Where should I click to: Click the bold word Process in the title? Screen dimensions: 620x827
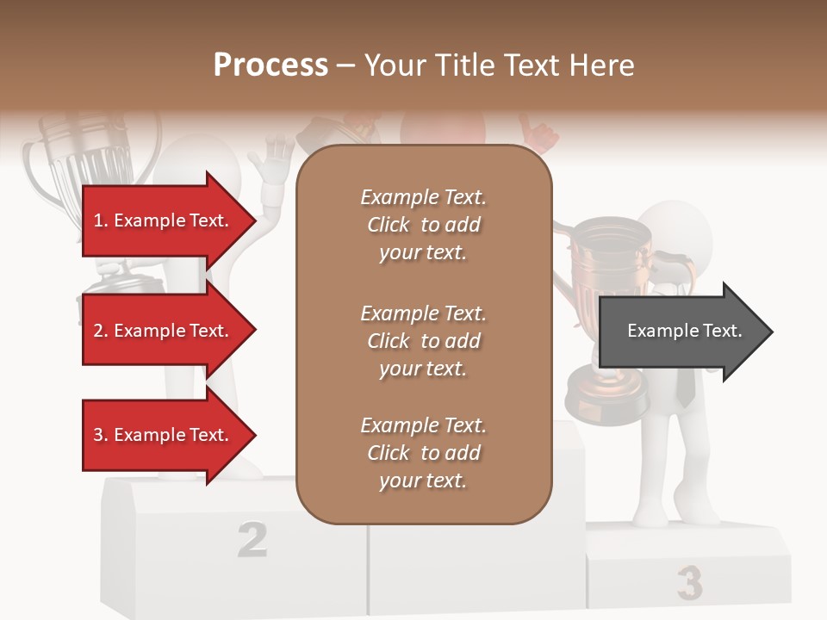270,65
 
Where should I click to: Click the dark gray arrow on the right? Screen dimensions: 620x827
685,332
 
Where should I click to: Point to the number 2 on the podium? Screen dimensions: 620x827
252,539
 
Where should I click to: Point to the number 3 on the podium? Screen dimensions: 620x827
689,583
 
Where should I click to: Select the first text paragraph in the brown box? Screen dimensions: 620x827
423,225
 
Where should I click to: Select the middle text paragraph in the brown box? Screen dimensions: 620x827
423,341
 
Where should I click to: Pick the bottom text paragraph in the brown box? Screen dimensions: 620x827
423,453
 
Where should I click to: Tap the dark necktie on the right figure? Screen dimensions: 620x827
685,387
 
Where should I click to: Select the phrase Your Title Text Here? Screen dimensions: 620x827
499,65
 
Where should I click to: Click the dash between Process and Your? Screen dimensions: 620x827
345,65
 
